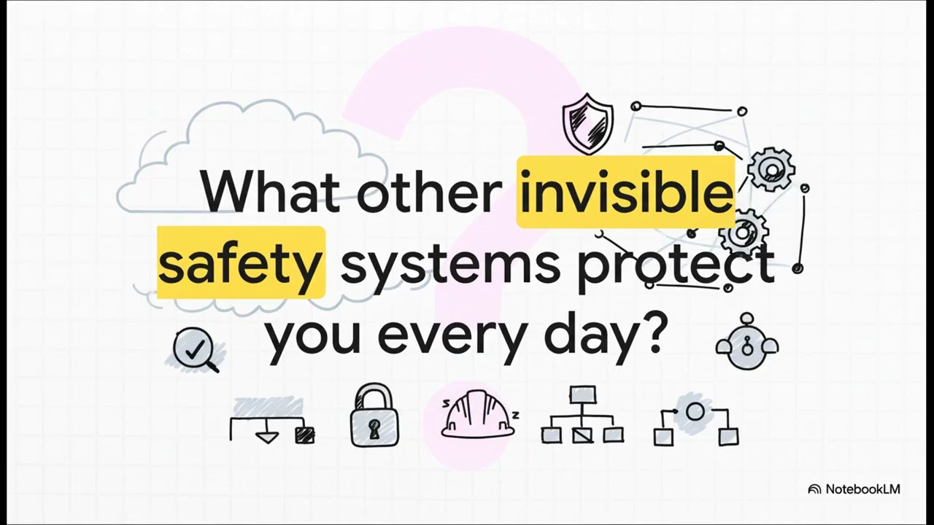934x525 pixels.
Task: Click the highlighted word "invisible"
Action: click(625, 192)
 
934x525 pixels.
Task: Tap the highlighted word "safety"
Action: click(241, 263)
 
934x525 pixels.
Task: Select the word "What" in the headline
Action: click(270, 192)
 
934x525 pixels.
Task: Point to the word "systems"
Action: click(449, 265)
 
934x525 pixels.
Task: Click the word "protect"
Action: click(675, 265)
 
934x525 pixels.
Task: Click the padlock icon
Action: click(375, 416)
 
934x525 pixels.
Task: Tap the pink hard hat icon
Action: click(478, 416)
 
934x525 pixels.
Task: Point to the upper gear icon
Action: click(771, 169)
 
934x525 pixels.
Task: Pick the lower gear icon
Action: click(743, 233)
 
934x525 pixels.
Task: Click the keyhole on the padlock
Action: click(375, 429)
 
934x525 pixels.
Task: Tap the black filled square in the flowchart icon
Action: click(304, 435)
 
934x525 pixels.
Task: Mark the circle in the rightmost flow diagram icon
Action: click(695, 412)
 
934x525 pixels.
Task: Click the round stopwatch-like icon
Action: click(746, 343)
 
